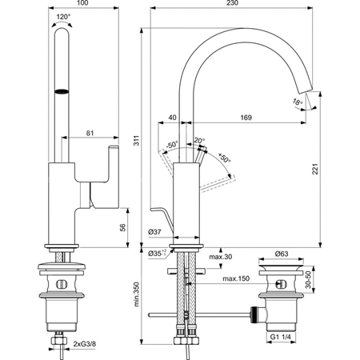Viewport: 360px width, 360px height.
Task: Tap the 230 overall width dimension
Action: pyautogui.click(x=232, y=5)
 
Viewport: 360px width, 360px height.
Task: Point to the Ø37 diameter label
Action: pyautogui.click(x=156, y=232)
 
